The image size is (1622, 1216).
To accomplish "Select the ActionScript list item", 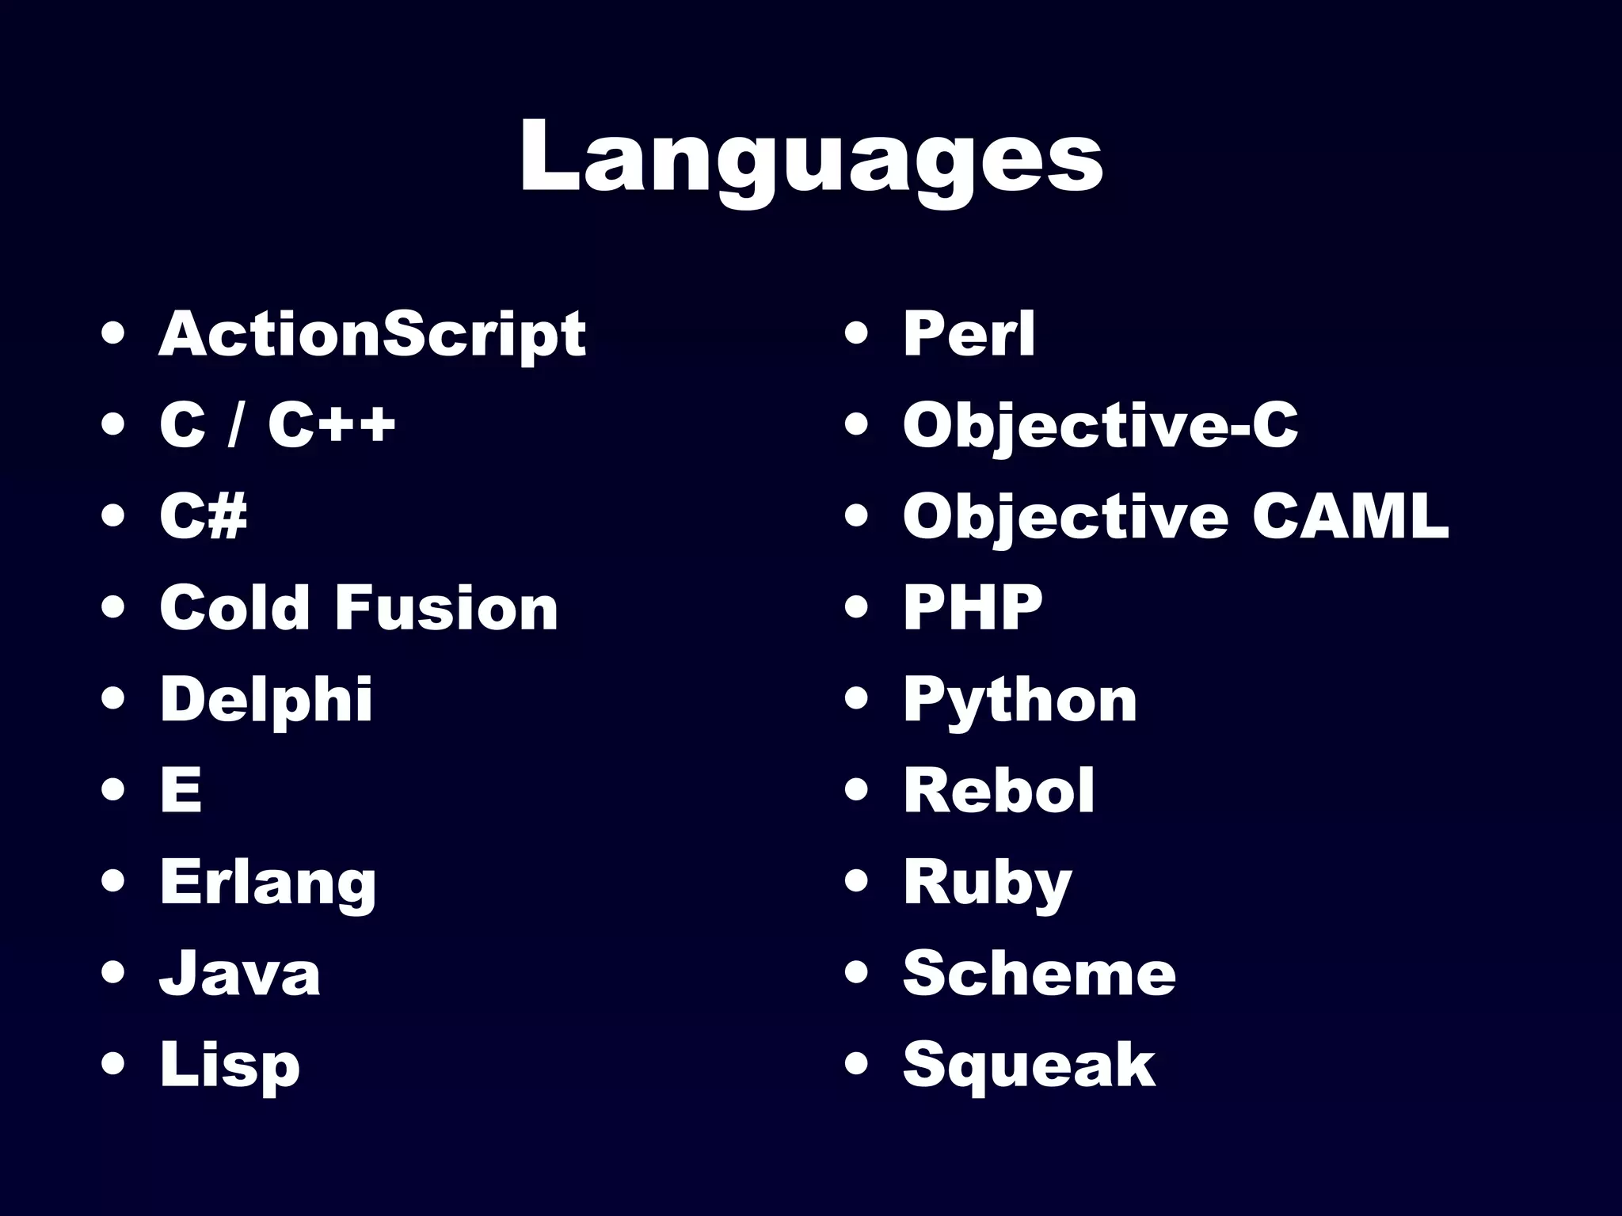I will coord(372,334).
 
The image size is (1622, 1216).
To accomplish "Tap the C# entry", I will coord(204,516).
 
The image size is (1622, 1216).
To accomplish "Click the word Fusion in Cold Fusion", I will coord(447,608).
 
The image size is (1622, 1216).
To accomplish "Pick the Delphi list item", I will coord(266,700).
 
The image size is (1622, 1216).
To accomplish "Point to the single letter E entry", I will coord(181,790).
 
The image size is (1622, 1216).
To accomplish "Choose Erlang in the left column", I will coord(268,883).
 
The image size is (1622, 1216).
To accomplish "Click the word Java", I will coord(240,974).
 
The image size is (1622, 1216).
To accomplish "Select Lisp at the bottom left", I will coord(230,1066).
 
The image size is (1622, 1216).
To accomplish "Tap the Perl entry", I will coord(969,334).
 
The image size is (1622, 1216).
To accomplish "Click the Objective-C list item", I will coord(1100,426).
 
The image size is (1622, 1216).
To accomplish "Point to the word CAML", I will coord(1350,516).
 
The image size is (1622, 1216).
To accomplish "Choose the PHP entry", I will coord(973,608).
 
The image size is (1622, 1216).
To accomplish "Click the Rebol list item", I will coord(999,790).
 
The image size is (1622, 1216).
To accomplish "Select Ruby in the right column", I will coord(988,883).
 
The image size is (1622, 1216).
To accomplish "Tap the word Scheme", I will coord(1039,974).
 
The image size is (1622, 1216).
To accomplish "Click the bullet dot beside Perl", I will coord(857,334).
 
